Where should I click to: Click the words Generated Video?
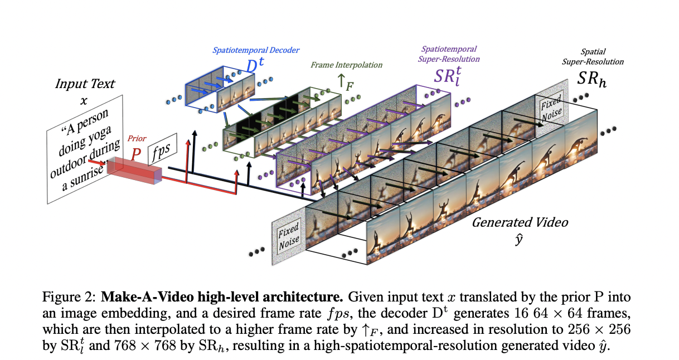point(520,222)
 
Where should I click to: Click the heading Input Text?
point(85,85)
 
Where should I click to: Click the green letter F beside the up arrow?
point(350,87)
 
